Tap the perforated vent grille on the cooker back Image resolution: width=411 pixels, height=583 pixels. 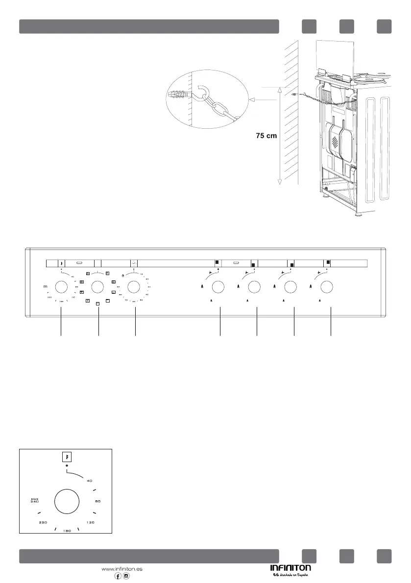[335, 142]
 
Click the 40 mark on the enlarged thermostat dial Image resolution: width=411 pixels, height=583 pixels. [90, 480]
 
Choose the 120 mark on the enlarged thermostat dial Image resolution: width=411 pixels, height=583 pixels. [90, 523]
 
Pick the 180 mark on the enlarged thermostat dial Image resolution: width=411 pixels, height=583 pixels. [67, 531]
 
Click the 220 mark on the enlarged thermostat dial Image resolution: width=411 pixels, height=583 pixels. [43, 523]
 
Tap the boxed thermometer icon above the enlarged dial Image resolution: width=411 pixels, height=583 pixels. [67, 457]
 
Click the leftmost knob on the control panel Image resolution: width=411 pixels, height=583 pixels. [61, 286]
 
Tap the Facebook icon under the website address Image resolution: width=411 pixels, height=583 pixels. [118, 576]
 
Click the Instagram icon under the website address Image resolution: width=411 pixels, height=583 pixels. [126, 576]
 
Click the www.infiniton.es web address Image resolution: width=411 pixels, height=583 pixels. [122, 569]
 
